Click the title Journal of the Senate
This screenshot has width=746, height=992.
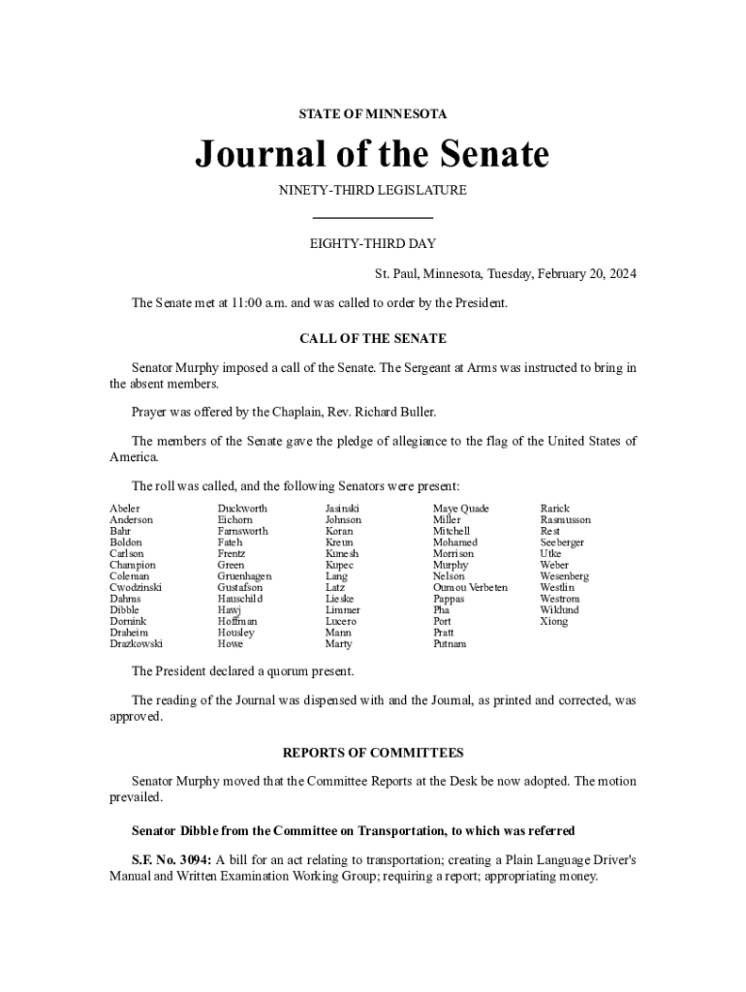pos(372,154)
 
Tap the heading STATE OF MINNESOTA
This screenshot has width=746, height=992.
pos(373,114)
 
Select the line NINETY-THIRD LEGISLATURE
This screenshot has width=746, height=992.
pos(373,190)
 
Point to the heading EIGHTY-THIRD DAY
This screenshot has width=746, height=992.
pos(373,243)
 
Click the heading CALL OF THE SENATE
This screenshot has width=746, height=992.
pos(373,339)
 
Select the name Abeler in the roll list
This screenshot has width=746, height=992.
pos(125,509)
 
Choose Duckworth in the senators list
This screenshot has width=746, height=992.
pos(242,509)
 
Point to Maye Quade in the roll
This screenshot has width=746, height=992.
pos(461,509)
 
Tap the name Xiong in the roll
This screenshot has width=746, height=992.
pos(554,622)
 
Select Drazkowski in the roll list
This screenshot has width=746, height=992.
pos(136,644)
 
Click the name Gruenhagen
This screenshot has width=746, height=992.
pos(244,576)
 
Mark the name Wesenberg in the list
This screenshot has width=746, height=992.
pos(564,576)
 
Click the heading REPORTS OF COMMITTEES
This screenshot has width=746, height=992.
pos(373,753)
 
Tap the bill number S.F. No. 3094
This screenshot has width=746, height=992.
pos(171,859)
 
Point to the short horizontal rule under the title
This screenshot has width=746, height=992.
pos(373,217)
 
